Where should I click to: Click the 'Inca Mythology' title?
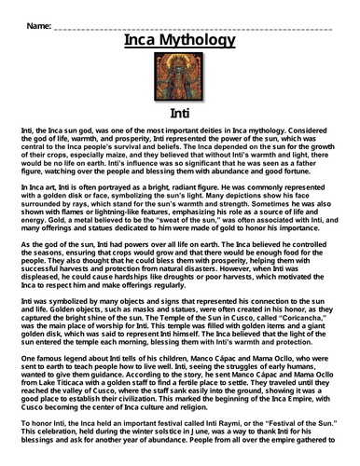(179, 41)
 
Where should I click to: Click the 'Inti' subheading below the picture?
(179, 113)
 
